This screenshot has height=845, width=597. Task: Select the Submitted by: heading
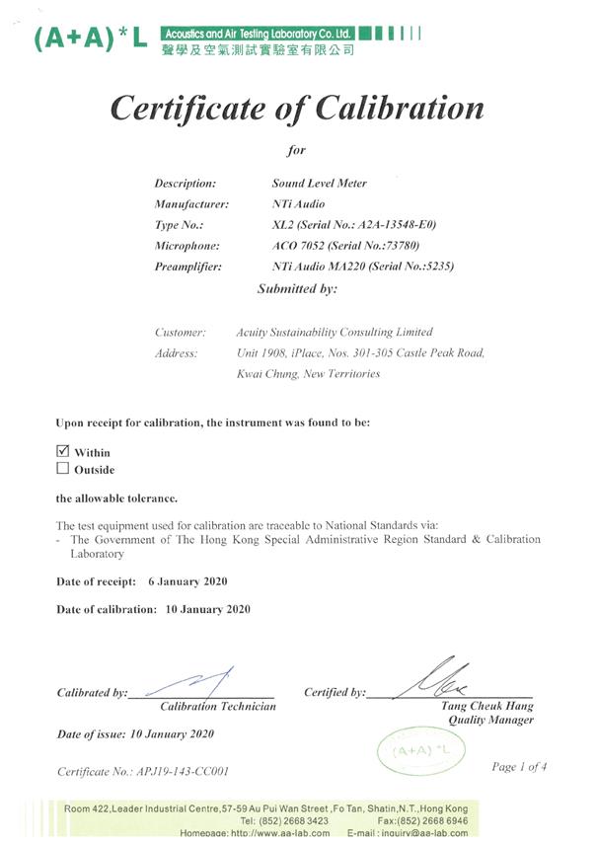297,289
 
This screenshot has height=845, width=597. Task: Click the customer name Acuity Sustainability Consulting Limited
335,333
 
